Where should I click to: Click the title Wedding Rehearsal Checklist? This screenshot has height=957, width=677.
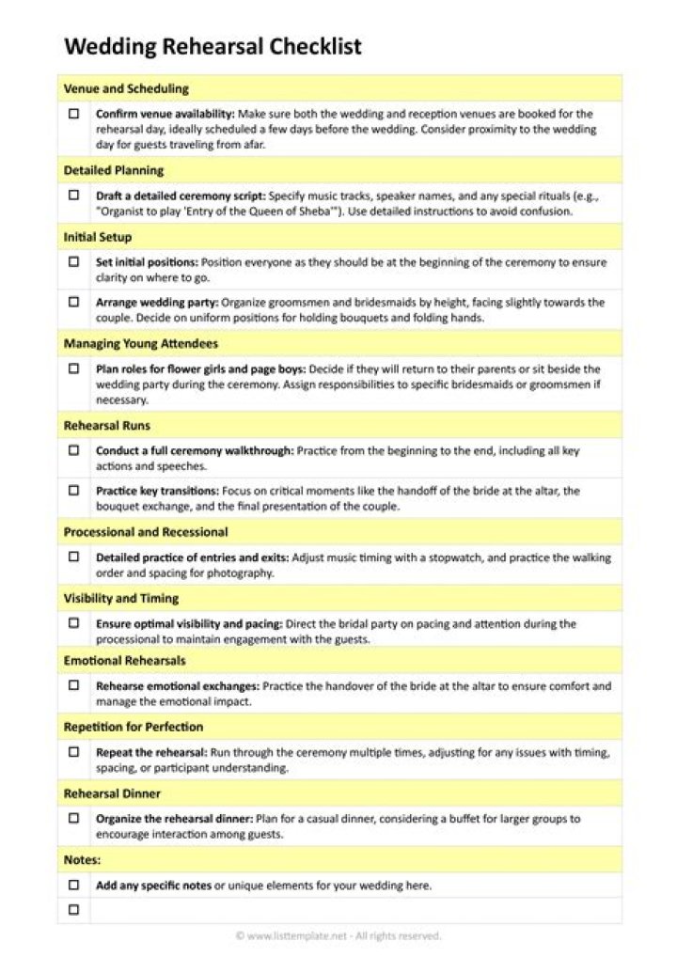coord(213,47)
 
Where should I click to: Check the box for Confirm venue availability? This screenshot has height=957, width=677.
coord(73,114)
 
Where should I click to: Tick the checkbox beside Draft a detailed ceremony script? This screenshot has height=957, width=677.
coord(73,196)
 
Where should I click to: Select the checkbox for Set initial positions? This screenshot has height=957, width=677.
coord(73,262)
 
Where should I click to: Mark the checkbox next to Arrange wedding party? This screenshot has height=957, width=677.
coord(73,303)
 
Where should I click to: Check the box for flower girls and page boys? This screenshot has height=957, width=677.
coord(73,369)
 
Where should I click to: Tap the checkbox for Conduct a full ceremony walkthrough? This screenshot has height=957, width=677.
coord(73,450)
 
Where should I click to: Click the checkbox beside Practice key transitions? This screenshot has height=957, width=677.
coord(73,491)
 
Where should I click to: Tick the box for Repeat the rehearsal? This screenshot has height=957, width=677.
coord(73,752)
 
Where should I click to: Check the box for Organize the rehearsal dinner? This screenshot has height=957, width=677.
coord(73,819)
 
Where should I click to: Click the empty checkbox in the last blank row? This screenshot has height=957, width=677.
coord(73,910)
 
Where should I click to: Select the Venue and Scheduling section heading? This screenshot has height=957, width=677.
coord(126,88)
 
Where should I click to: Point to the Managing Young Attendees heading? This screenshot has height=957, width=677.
coord(141,344)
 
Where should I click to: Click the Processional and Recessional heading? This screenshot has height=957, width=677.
coord(146,532)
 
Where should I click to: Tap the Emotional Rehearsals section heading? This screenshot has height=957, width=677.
coord(125,661)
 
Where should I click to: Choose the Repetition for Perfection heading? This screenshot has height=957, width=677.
coord(134,727)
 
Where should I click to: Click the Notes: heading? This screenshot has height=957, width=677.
coord(83,859)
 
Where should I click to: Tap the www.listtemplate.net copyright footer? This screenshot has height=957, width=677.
coord(338,935)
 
